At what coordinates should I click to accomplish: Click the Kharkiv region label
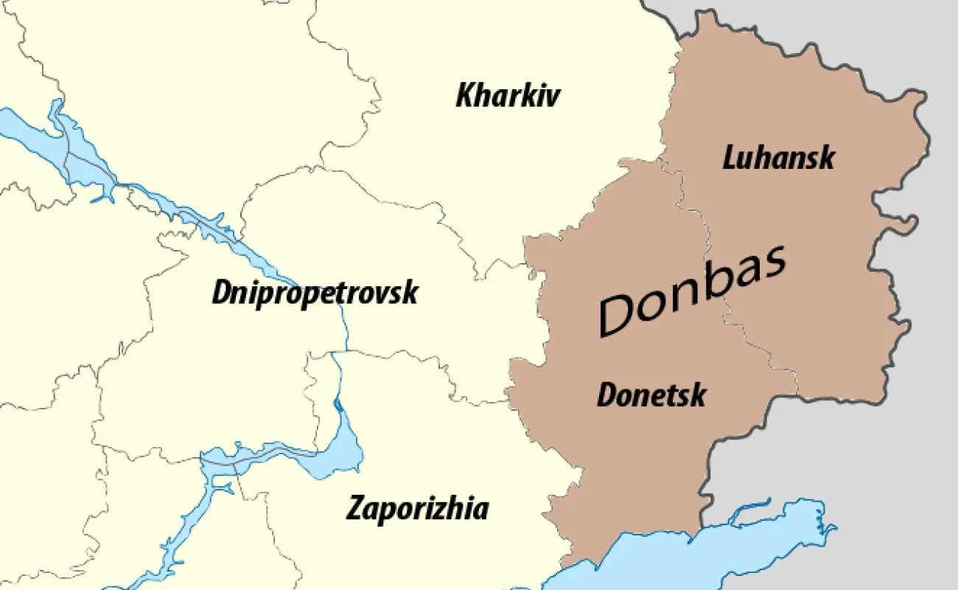(508, 96)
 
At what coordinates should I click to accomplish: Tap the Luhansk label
(778, 158)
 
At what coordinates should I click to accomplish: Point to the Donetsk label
(651, 395)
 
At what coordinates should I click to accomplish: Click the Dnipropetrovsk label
(315, 293)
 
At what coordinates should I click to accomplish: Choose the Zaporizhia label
(417, 509)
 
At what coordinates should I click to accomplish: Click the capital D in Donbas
(618, 313)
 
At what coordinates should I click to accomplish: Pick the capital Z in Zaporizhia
(355, 509)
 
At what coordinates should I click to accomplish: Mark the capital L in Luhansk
(730, 158)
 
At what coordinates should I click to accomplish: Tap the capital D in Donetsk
(606, 395)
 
